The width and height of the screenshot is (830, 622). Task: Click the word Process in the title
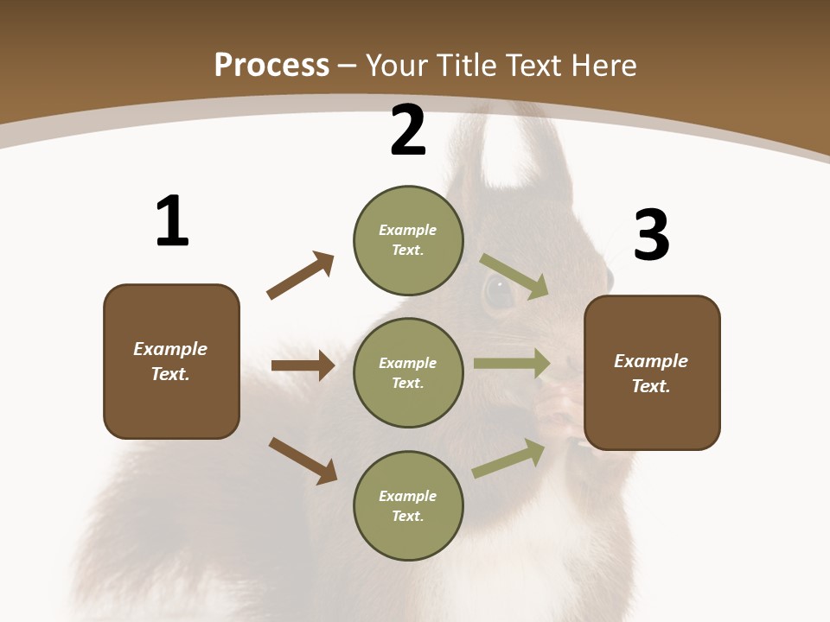[271, 66]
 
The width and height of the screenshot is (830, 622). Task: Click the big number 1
[171, 221]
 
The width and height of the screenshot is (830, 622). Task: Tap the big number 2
[408, 130]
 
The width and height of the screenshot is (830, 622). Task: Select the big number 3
[651, 235]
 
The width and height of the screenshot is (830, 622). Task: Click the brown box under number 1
[171, 361]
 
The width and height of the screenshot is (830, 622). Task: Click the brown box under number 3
[652, 373]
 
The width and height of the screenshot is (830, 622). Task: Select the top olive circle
[408, 240]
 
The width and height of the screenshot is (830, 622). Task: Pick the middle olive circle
[408, 372]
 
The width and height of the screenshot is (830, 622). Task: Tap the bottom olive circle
[408, 505]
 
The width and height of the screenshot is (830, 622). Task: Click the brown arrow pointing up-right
[300, 276]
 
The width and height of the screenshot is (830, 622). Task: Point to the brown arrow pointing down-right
[303, 460]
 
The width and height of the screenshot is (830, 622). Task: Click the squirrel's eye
[499, 291]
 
